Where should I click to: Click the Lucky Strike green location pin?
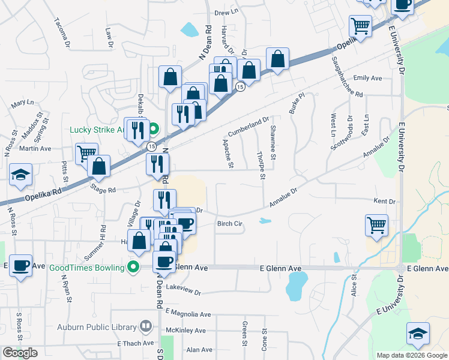(153, 128)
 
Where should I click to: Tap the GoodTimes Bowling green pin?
(134, 268)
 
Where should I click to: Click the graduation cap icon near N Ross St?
(20, 175)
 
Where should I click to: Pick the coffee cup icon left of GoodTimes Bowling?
(20, 265)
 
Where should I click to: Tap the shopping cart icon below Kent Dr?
(376, 226)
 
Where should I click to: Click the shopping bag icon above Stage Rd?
(99, 166)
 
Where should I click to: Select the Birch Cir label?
(229, 224)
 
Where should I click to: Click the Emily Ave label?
(368, 78)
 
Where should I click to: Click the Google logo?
(20, 353)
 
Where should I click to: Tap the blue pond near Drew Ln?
(189, 29)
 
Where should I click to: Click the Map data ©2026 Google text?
(411, 355)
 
